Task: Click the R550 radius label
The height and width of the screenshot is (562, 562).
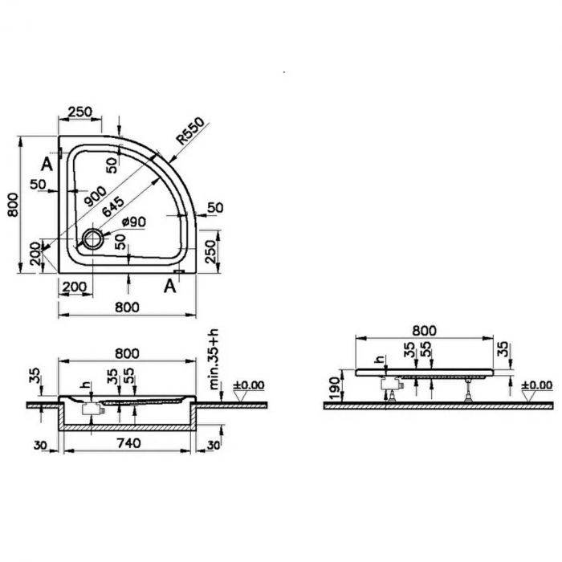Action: tap(191, 131)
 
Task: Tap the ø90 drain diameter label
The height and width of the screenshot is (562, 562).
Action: tap(133, 222)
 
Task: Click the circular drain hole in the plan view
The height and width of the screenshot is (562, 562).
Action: tap(93, 238)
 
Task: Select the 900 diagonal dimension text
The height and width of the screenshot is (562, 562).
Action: tap(94, 197)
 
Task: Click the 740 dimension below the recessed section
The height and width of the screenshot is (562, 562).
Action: tap(128, 443)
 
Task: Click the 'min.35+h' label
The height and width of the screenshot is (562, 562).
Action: tap(214, 363)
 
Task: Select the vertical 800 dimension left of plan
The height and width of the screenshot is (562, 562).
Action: tap(13, 205)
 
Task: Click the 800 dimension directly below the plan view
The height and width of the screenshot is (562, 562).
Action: tap(127, 307)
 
